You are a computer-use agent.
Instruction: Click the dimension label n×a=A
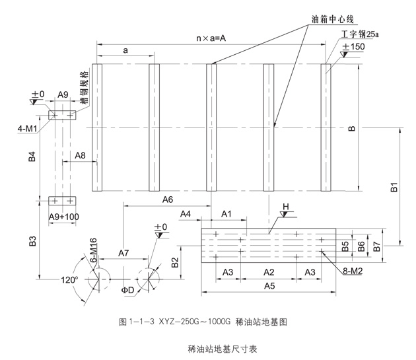pos(211,38)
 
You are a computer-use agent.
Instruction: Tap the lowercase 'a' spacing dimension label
pos(125,50)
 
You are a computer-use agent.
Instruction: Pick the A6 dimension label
pos(167,199)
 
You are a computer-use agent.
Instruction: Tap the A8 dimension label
pos(80,155)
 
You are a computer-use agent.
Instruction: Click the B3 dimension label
pos(33,242)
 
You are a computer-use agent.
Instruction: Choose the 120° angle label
pos(70,280)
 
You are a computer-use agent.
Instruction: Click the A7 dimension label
pos(123,253)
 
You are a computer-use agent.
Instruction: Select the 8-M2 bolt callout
pos(355,271)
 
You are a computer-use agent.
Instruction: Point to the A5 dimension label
pos(269,285)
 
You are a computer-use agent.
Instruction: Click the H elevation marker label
pos(286,207)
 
